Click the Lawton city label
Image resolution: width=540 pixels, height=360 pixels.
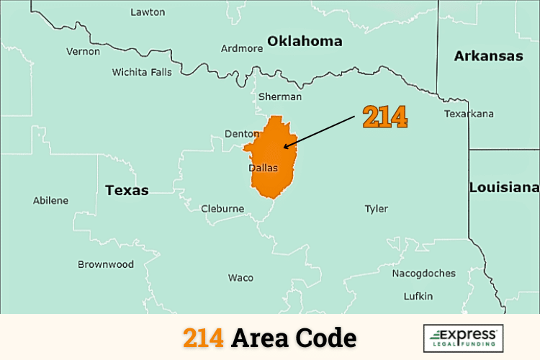(x=148, y=12)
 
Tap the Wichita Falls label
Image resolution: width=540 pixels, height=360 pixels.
(x=142, y=72)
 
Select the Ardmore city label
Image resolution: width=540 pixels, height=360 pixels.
(x=242, y=49)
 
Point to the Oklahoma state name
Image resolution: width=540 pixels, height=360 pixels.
(x=305, y=41)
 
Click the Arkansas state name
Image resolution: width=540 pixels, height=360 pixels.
(x=488, y=55)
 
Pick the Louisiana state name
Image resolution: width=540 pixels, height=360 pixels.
(x=504, y=187)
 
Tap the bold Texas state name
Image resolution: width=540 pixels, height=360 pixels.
(x=127, y=191)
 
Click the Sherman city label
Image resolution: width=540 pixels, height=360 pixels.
(x=279, y=96)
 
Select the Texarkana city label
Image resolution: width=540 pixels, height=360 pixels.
(x=469, y=114)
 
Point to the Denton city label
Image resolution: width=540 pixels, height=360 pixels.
(x=241, y=134)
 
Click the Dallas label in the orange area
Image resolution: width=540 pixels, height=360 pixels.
(x=263, y=168)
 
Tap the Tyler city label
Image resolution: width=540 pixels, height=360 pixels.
(x=376, y=209)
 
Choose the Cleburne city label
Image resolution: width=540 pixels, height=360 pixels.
(x=222, y=209)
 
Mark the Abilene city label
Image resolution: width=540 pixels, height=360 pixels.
(x=51, y=200)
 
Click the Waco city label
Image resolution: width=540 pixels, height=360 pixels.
(x=240, y=278)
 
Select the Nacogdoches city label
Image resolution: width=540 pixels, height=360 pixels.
(x=424, y=274)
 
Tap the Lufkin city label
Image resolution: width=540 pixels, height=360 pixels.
(x=418, y=296)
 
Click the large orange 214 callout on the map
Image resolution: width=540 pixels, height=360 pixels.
(x=384, y=117)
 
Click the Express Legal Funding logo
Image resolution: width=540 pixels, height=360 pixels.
(x=463, y=338)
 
